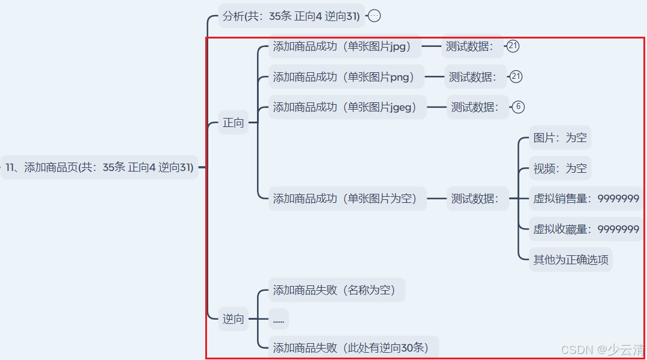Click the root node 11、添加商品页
coord(99,167)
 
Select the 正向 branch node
coord(234,123)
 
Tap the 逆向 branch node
coord(234,319)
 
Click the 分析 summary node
coord(291,16)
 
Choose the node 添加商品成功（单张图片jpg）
coord(345,46)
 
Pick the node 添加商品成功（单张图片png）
coord(346,77)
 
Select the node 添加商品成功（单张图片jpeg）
coord(347,107)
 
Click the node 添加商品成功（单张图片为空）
coord(347,199)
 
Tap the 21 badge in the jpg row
coord(513,46)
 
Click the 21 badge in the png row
coord(516,76)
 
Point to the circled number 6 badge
coord(518,107)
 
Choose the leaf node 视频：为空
coord(560,169)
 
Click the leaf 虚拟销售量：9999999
coord(586,199)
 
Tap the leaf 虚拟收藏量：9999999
coord(586,229)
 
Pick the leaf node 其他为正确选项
coord(571,260)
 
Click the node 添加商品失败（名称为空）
coord(336,290)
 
